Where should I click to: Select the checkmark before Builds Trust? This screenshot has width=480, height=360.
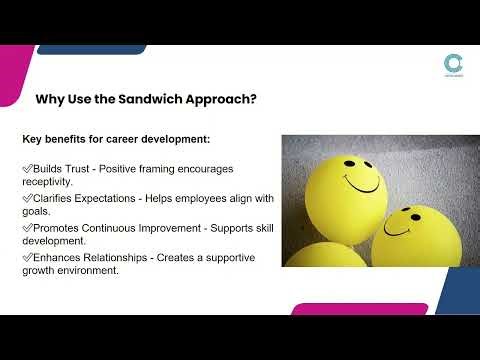[27, 169]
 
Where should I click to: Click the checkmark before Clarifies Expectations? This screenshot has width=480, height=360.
[27, 199]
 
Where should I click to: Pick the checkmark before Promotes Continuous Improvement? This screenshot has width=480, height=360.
[27, 228]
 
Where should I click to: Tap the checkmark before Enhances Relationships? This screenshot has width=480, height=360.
[27, 258]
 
